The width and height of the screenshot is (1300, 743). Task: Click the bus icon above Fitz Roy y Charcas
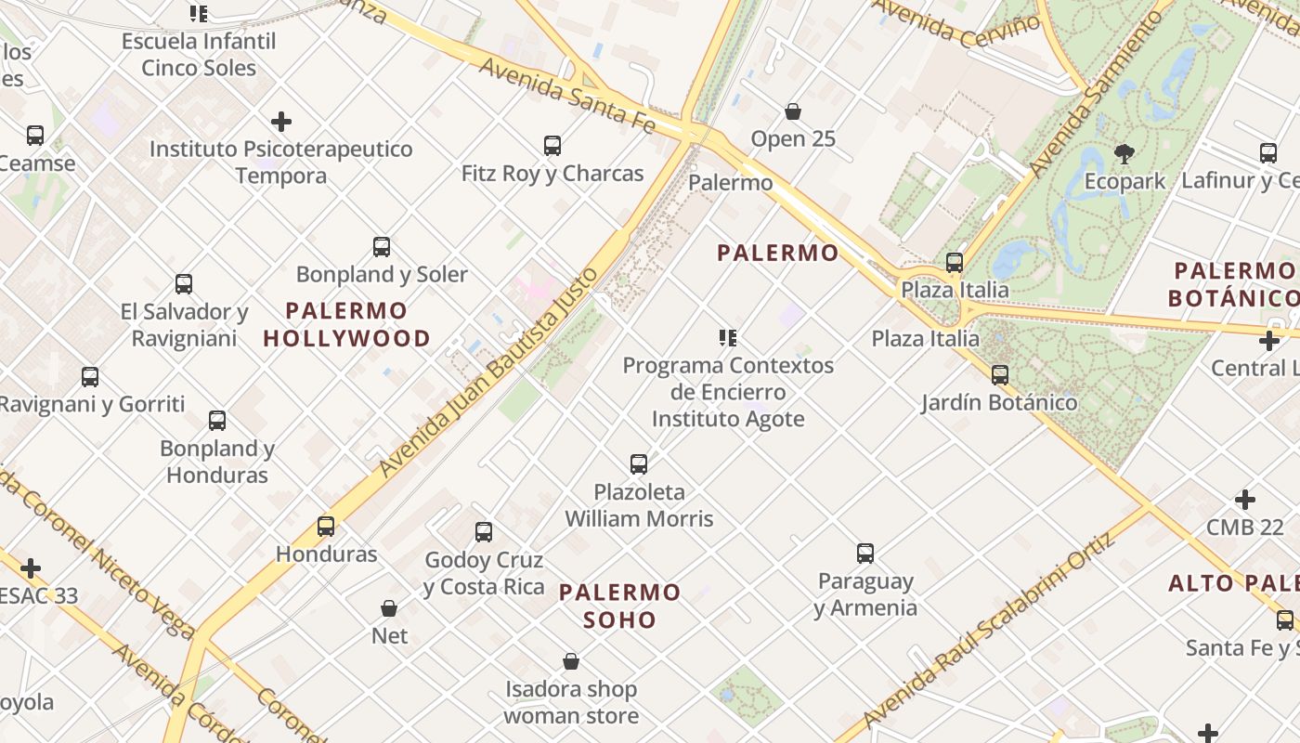tap(552, 146)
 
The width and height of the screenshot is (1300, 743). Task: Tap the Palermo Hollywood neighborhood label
tap(346, 324)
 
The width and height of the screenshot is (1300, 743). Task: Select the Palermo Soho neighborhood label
tap(620, 606)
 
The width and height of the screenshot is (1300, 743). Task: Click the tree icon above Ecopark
tap(1124, 153)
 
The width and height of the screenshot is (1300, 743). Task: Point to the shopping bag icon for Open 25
tap(793, 111)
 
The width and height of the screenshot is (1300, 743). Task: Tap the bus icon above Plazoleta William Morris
tap(639, 463)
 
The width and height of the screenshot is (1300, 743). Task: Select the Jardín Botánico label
tap(999, 403)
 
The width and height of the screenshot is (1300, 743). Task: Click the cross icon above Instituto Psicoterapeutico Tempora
tap(281, 122)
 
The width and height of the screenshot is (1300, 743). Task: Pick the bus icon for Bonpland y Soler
tap(382, 247)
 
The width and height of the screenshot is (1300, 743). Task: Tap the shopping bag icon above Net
tap(389, 608)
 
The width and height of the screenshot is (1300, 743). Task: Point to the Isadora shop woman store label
tap(571, 702)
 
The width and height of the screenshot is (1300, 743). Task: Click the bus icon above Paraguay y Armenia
tap(865, 554)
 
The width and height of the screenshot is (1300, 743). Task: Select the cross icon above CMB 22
tap(1245, 500)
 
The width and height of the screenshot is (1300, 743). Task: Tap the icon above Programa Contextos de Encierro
tap(728, 337)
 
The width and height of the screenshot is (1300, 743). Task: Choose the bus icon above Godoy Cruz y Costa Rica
tap(484, 532)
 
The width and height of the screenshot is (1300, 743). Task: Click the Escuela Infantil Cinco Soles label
tap(199, 54)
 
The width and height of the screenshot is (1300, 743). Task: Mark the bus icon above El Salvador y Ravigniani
tap(184, 284)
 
